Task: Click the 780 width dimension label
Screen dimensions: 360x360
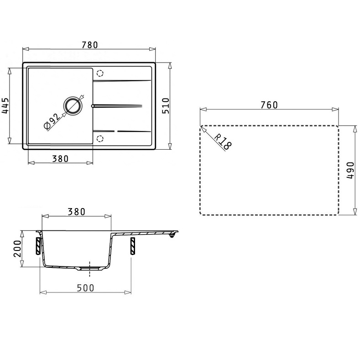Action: [89, 45]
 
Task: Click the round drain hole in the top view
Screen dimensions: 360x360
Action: [73, 105]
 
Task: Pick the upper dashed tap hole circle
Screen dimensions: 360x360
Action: [100, 73]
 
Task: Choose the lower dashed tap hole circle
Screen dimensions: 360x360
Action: [100, 139]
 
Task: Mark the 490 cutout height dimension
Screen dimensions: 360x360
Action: [350, 170]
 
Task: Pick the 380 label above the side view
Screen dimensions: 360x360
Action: [76, 212]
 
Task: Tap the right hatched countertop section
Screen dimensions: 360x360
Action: [132, 246]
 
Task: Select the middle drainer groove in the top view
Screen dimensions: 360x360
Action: [117, 106]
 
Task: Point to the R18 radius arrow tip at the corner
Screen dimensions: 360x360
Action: [201, 126]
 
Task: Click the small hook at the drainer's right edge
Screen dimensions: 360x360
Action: [172, 235]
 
